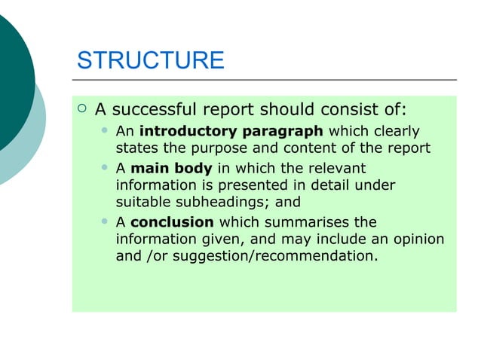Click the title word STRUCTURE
pos(151,60)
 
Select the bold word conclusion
pos(172,222)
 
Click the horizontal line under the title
pos(264,79)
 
